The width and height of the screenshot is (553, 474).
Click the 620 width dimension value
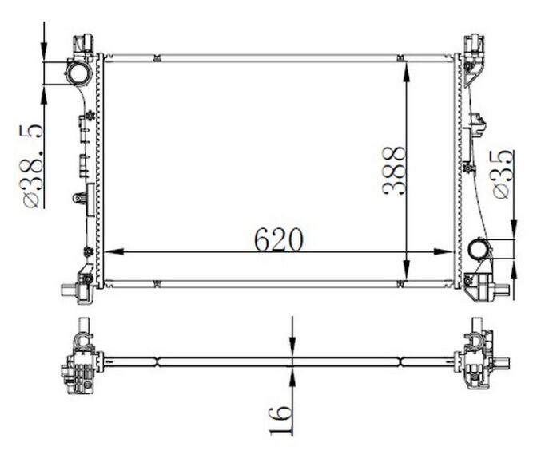point(279,239)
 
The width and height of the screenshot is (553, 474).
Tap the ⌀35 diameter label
point(503,174)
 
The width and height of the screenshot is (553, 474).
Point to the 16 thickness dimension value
point(280,419)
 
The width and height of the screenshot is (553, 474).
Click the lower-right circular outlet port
point(479,250)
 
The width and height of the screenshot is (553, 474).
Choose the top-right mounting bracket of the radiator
point(473,45)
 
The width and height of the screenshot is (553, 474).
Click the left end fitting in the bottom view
point(81,361)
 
